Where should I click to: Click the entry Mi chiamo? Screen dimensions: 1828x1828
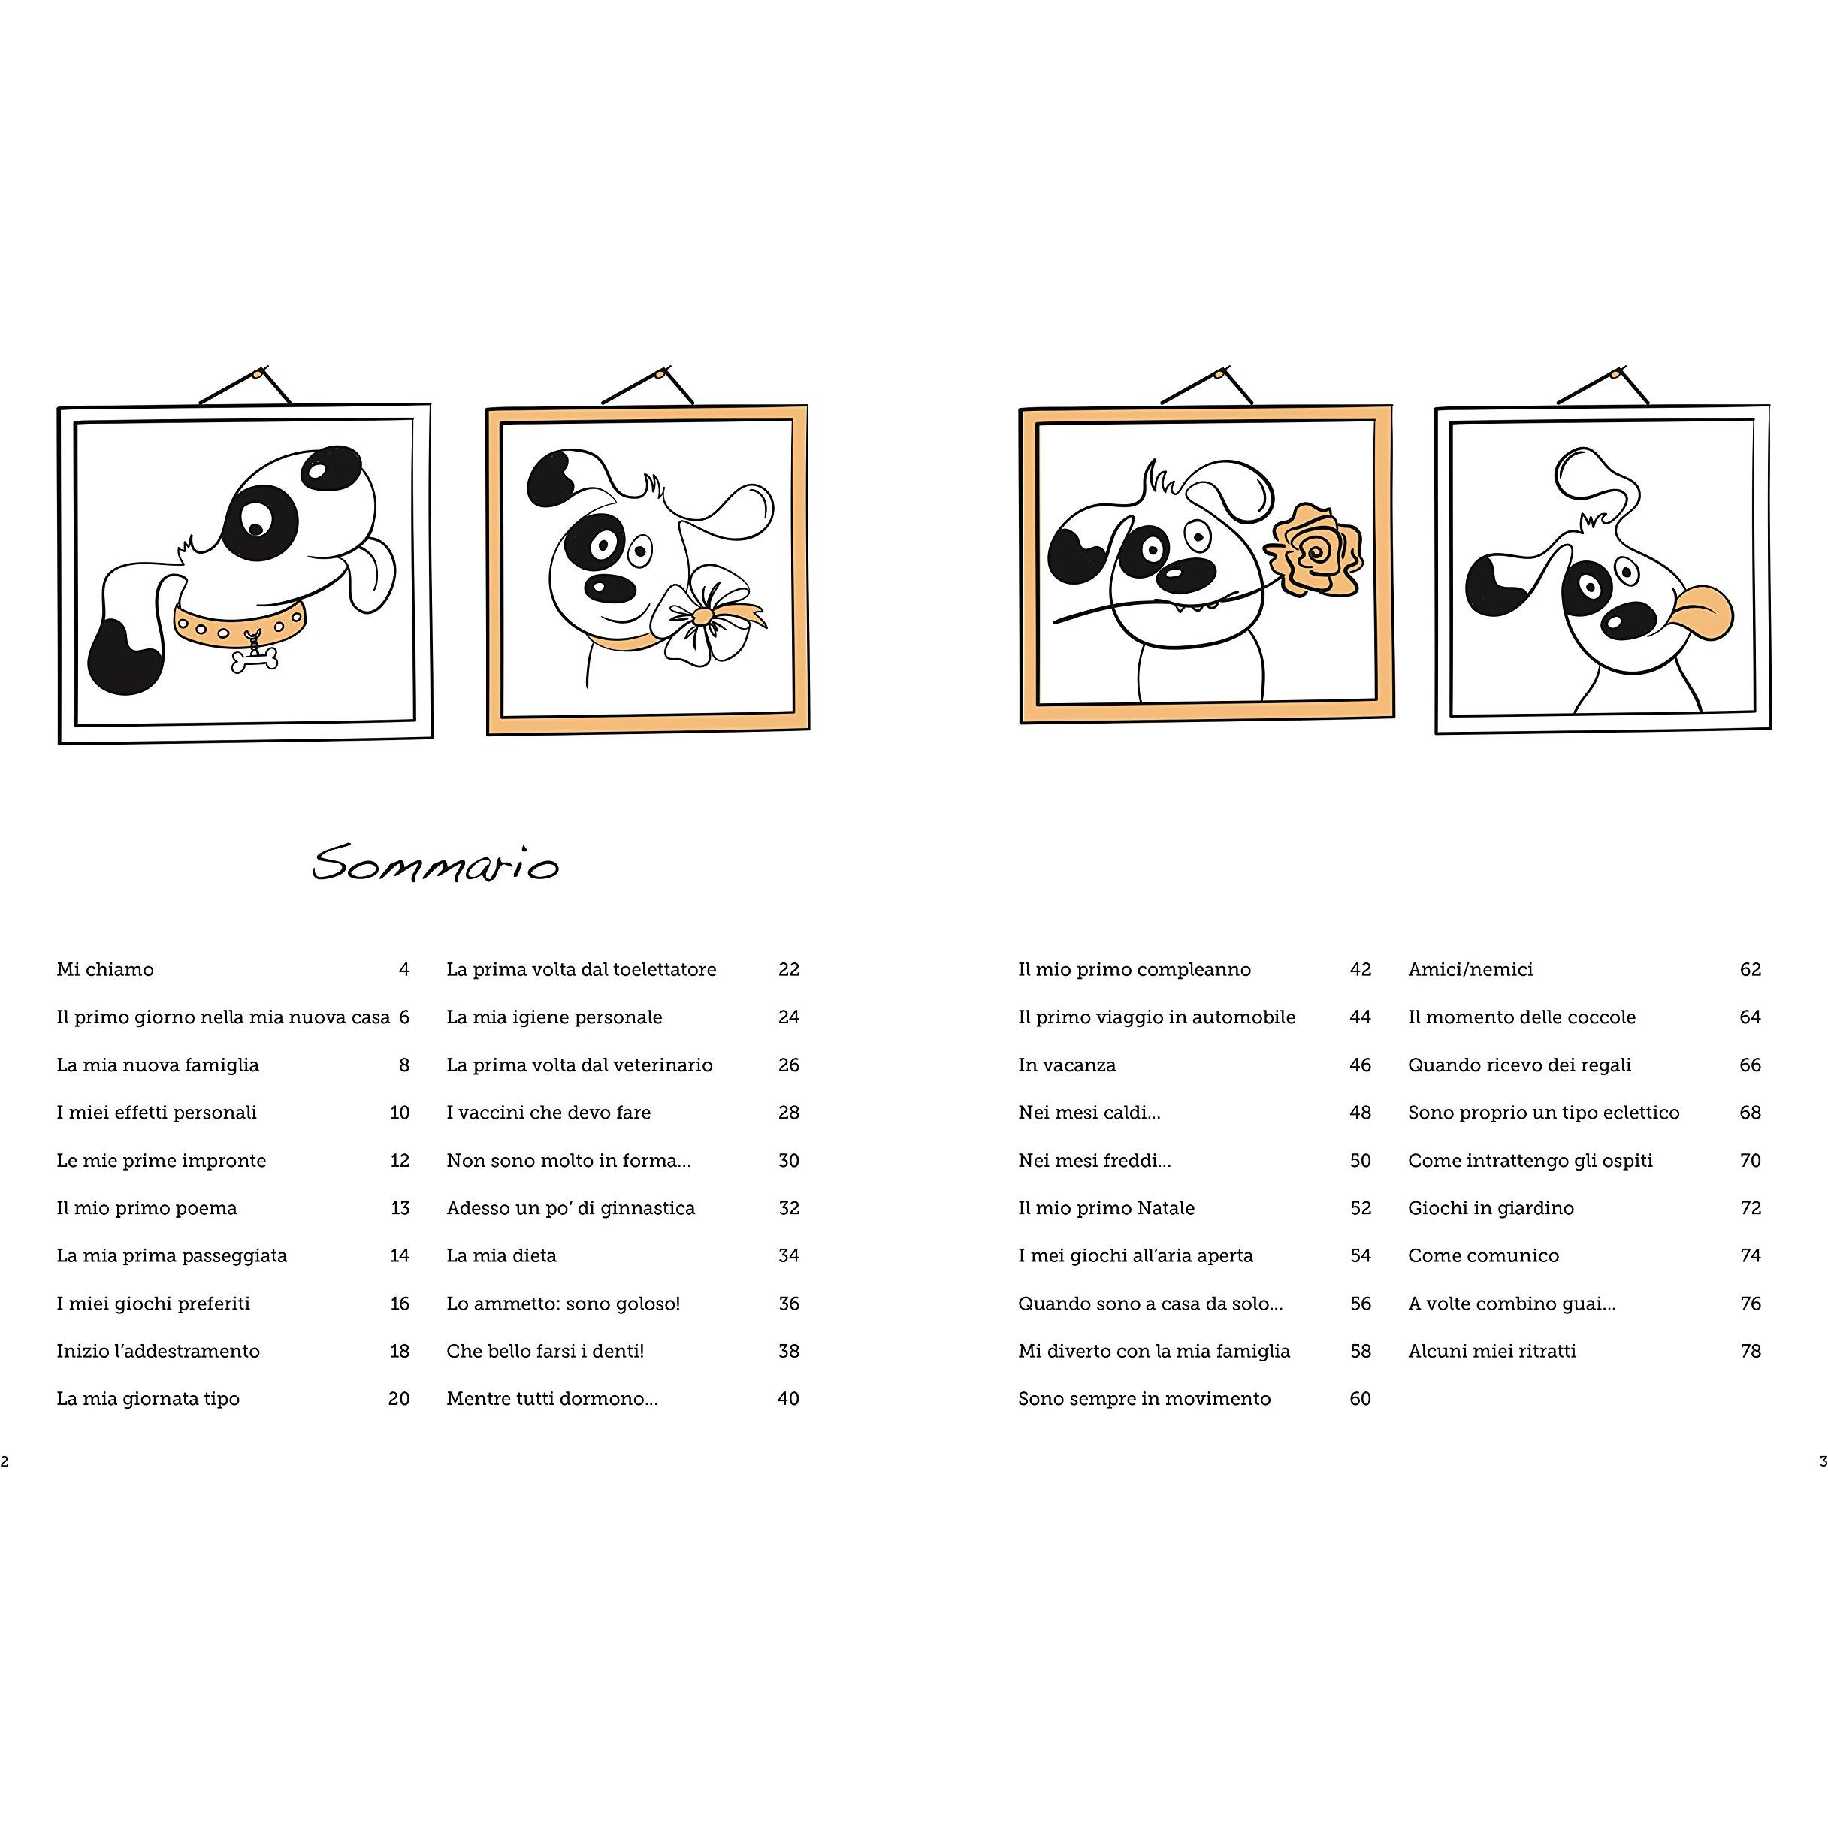click(105, 969)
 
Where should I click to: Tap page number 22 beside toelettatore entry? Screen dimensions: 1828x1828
click(788, 969)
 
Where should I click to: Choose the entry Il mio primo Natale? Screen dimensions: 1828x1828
click(1106, 1207)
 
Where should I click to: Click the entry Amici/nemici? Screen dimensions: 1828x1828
click(1470, 969)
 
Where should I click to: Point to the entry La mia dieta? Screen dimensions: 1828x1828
click(501, 1255)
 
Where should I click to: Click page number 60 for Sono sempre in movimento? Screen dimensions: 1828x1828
click(1360, 1397)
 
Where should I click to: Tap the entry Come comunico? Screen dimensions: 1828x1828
click(1482, 1255)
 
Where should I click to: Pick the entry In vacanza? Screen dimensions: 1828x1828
click(1066, 1065)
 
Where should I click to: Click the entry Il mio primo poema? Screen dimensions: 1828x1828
click(147, 1207)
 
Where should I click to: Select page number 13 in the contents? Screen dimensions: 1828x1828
click(400, 1207)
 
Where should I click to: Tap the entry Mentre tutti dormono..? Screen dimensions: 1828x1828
click(551, 1397)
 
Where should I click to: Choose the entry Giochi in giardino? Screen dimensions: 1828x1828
click(1490, 1207)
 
